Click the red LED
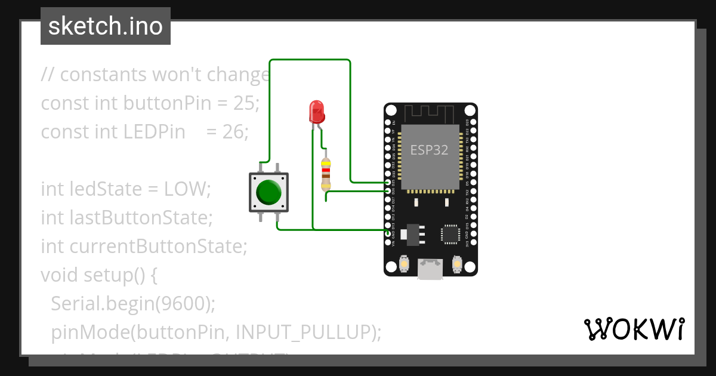[x=316, y=112]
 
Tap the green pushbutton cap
[x=268, y=192]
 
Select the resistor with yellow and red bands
[x=326, y=174]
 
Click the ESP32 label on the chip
[x=429, y=149]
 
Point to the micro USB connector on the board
[x=430, y=269]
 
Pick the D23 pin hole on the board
[x=473, y=122]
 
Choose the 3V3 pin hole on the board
[x=473, y=242]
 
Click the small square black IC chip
[x=449, y=234]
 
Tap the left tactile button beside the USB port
[x=404, y=263]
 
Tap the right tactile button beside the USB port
[x=457, y=263]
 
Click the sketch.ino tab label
[x=106, y=26]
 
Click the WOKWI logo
[x=634, y=329]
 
